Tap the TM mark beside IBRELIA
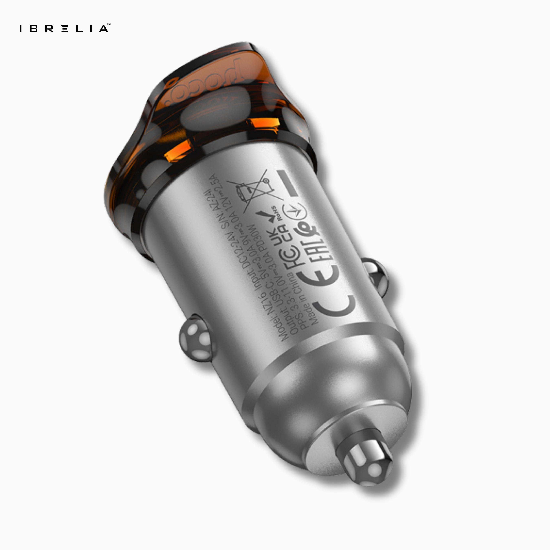(109, 24)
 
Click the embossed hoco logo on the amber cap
(208, 82)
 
